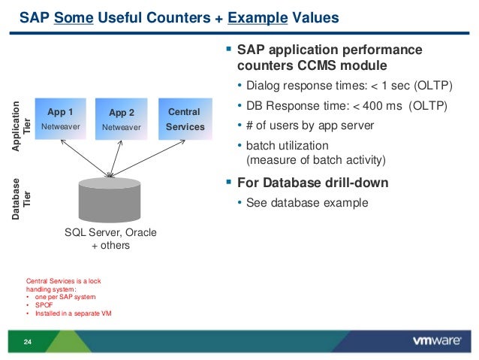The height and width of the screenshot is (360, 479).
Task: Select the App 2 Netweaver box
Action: pos(122,119)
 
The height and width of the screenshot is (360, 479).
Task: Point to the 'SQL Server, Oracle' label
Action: pos(110,233)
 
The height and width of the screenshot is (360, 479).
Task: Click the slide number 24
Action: pos(28,343)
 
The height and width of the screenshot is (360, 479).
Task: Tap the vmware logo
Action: pos(436,341)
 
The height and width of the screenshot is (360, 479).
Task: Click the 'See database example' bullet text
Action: pos(307,202)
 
